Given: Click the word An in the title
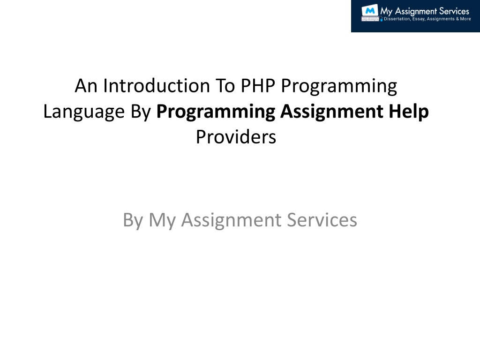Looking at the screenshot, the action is (x=86, y=86).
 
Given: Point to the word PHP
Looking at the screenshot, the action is (x=258, y=86).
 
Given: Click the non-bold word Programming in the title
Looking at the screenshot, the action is (x=339, y=87).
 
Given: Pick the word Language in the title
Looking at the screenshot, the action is (x=84, y=112).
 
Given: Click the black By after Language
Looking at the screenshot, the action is (x=141, y=112).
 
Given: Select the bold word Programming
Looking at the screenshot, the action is (x=216, y=112).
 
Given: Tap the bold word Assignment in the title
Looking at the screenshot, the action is (x=331, y=112).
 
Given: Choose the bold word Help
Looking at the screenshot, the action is (x=409, y=112).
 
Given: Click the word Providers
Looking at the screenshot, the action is (x=236, y=137).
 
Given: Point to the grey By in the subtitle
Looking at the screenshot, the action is (x=133, y=220).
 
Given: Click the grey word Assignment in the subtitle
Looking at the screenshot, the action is (x=231, y=220).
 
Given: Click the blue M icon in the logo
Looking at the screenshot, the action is (x=370, y=11).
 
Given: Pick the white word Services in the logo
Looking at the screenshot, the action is (x=454, y=11).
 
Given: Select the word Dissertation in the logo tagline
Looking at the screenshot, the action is (x=397, y=19).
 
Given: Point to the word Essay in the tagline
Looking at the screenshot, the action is (x=419, y=19).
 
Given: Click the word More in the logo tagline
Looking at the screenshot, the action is (x=465, y=19).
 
